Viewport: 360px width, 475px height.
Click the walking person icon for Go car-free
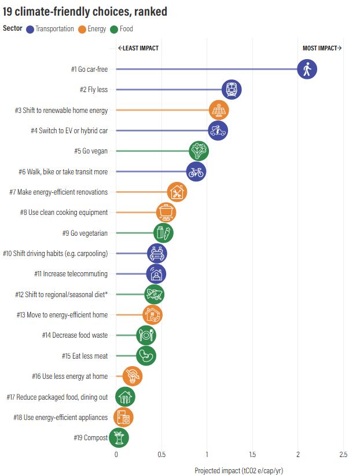click(x=307, y=70)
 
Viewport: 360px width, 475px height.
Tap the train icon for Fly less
click(x=232, y=90)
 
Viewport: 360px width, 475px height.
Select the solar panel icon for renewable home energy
click(x=219, y=110)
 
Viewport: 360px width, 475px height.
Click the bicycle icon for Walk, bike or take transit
click(x=196, y=171)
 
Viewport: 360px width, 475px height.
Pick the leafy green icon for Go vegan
click(x=199, y=151)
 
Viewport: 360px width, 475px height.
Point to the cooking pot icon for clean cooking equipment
click(x=166, y=213)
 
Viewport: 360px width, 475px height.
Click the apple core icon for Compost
click(x=119, y=438)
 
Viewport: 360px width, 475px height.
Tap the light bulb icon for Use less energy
click(x=133, y=377)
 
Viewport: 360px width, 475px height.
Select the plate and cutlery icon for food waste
click(x=146, y=335)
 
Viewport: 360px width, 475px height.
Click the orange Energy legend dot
click(x=83, y=28)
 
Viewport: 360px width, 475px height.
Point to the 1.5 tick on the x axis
click(x=252, y=455)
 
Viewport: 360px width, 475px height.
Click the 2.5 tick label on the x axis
click(x=343, y=455)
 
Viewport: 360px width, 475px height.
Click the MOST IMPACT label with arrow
click(x=322, y=48)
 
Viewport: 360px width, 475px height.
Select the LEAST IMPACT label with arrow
click(x=138, y=48)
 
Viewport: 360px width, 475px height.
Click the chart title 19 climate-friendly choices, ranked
click(x=86, y=12)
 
